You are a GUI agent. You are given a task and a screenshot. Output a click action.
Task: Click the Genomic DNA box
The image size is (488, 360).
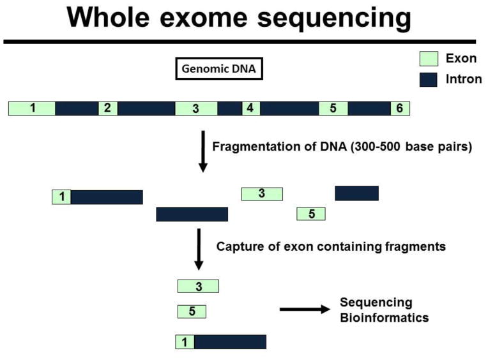219,69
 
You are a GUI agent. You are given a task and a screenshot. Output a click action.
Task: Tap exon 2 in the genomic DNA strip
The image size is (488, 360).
108,108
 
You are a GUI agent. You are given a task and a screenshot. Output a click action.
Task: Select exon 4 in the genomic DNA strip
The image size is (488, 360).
251,108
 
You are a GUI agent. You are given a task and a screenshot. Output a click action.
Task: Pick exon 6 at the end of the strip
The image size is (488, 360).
400,108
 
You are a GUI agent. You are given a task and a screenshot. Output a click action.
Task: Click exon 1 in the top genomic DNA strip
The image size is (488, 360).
32,108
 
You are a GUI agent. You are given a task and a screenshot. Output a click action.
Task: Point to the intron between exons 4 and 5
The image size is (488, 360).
289,108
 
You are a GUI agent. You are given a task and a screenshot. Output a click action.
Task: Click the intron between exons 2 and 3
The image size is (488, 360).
146,108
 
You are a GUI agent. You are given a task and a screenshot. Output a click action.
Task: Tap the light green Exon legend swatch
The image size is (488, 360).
429,59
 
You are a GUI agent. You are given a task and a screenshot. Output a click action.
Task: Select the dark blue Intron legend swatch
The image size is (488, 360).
428,80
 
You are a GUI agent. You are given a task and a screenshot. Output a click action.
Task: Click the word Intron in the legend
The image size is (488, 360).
464,79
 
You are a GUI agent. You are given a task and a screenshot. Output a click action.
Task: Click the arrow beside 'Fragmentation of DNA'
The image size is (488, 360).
203,151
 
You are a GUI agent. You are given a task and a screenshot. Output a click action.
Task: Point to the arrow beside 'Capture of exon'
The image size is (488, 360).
199,250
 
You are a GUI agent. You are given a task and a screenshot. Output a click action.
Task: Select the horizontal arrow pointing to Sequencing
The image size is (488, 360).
305,309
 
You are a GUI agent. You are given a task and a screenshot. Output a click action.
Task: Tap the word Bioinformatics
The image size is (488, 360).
385,318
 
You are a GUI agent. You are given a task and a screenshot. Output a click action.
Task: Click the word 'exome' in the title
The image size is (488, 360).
204,17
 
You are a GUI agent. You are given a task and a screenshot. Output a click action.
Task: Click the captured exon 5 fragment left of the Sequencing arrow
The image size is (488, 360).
192,311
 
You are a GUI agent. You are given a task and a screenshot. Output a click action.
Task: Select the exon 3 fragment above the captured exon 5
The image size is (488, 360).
198,287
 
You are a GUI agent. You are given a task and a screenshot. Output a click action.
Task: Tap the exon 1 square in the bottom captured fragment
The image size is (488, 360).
185,342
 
